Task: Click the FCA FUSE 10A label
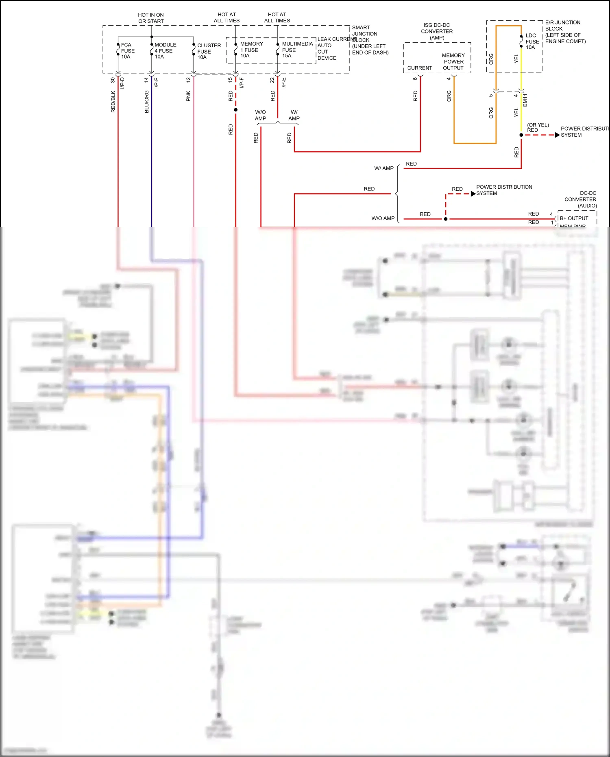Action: (128, 51)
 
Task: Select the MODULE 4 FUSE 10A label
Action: (165, 51)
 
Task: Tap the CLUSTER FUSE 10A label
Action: (208, 51)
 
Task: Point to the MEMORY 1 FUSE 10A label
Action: (251, 50)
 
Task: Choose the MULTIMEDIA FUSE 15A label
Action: (296, 50)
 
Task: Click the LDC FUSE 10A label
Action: (532, 41)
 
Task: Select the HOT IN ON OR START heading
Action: (151, 18)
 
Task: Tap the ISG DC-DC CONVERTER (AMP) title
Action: (437, 31)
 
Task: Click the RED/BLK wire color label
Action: (113, 102)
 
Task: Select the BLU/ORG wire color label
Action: (146, 102)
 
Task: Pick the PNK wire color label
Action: (188, 96)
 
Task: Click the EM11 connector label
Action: (525, 100)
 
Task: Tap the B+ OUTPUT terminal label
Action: (574, 218)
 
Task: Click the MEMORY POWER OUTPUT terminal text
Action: (453, 61)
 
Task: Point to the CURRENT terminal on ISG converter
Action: (420, 68)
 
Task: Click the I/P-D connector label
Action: (122, 83)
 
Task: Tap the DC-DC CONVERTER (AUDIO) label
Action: (581, 199)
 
